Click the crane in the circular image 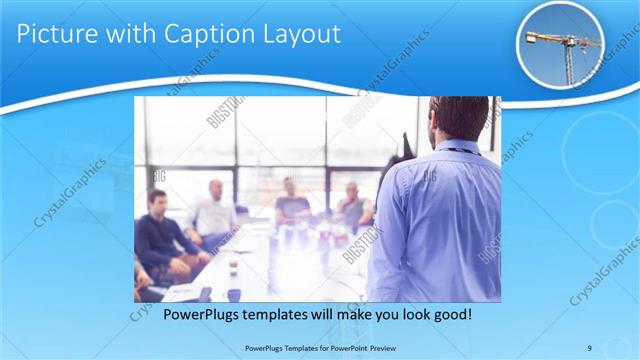coord(566,46)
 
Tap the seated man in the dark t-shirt coord(291,204)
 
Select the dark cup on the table coord(233,293)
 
